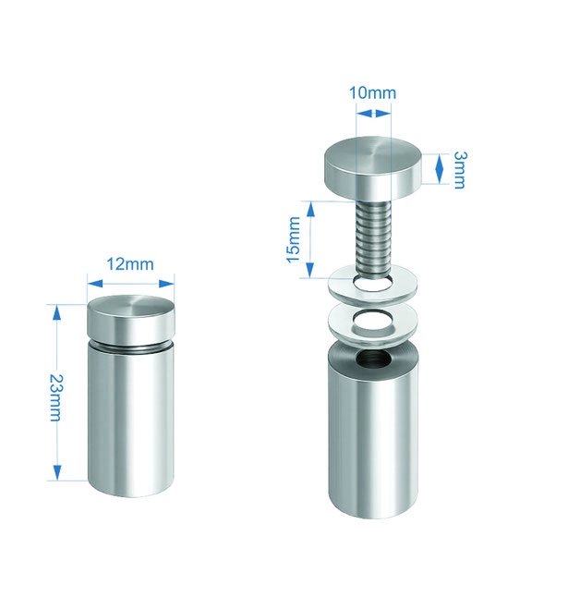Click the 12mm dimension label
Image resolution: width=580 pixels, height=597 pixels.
(130, 264)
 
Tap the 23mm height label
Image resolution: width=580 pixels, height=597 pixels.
(55, 397)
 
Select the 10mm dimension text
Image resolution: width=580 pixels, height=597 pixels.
(372, 92)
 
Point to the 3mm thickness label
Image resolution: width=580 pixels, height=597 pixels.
(459, 170)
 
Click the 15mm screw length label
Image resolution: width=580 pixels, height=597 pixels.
(294, 239)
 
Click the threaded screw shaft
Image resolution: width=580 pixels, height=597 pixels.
(373, 238)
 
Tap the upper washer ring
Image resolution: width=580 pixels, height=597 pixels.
(372, 286)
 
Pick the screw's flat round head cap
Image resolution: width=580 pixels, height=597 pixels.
(373, 168)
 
